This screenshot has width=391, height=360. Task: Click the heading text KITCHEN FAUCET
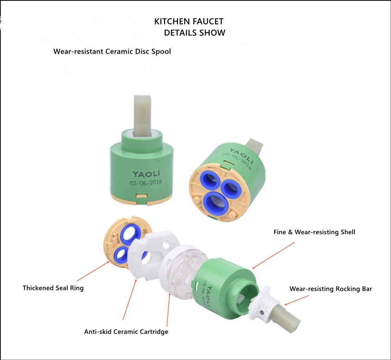(x=189, y=22)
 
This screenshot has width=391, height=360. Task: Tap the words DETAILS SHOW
(x=195, y=33)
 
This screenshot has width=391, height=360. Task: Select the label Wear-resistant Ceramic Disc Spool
(x=112, y=51)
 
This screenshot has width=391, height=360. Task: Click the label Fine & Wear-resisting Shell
(x=314, y=232)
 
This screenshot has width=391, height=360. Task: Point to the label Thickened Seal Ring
(x=53, y=288)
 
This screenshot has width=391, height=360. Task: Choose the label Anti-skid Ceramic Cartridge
(x=126, y=332)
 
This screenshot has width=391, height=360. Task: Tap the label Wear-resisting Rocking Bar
(x=331, y=289)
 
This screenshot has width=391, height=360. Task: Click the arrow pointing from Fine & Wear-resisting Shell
(x=273, y=255)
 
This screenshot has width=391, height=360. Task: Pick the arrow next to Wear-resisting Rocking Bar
(x=297, y=300)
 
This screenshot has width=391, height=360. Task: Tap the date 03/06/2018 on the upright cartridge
(x=146, y=183)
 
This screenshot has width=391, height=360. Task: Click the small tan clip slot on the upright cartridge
(x=142, y=196)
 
